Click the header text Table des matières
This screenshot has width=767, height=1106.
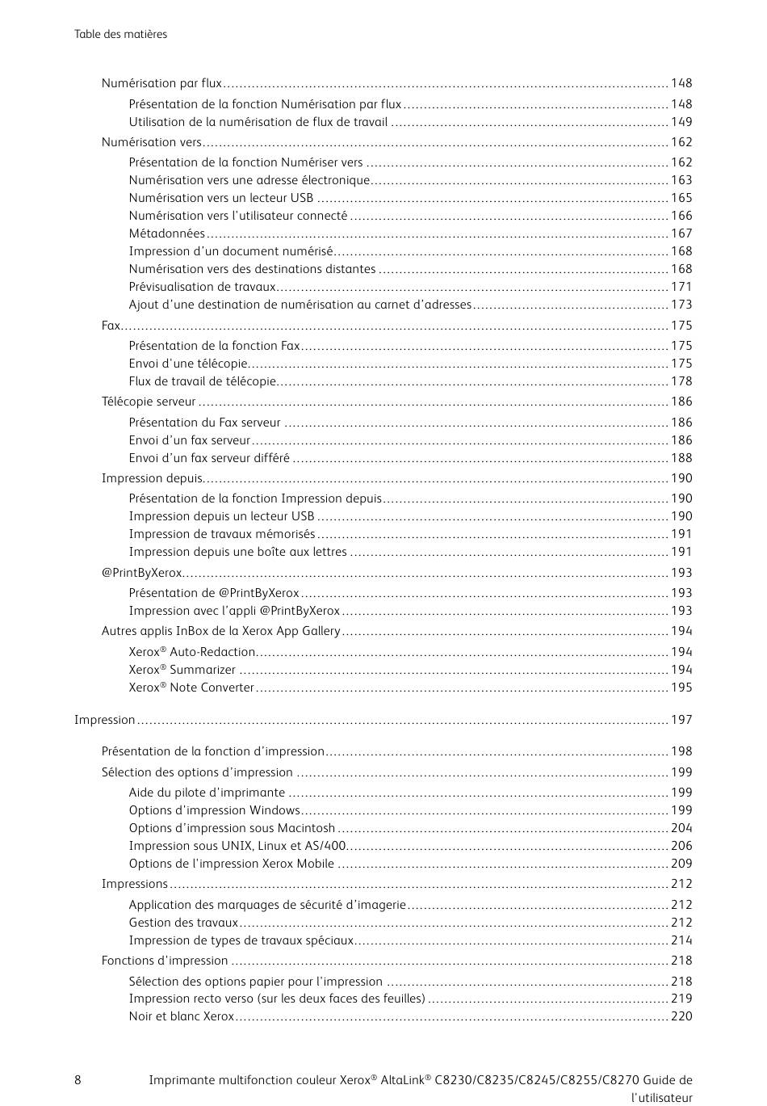pyautogui.click(x=121, y=34)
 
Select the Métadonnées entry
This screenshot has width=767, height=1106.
pyautogui.click(x=167, y=233)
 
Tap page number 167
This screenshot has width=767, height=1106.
pyautogui.click(x=681, y=233)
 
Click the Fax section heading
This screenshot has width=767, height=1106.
pyautogui.click(x=111, y=325)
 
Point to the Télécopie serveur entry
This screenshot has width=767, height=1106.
pyautogui.click(x=149, y=402)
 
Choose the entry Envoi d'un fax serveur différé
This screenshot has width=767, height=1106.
pyautogui.click(x=209, y=458)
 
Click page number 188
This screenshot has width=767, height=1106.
pyautogui.click(x=681, y=458)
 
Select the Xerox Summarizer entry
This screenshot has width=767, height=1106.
pyautogui.click(x=182, y=670)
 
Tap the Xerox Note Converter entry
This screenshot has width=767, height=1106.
pyautogui.click(x=191, y=688)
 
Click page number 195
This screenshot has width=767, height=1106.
pyautogui.click(x=681, y=688)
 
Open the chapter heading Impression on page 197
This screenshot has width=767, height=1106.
pyautogui.click(x=105, y=720)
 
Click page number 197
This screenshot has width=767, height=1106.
pyautogui.click(x=681, y=720)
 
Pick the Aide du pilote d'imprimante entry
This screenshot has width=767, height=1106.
pyautogui.click(x=207, y=793)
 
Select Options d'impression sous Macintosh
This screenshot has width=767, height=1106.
pyautogui.click(x=232, y=828)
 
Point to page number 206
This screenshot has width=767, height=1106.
pyautogui.click(x=681, y=846)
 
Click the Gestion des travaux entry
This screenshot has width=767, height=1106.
pyautogui.click(x=183, y=923)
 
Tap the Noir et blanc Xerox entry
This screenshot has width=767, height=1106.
pyautogui.click(x=182, y=1016)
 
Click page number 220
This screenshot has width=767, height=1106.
pyautogui.click(x=681, y=1016)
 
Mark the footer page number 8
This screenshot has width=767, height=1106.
pyautogui.click(x=78, y=1080)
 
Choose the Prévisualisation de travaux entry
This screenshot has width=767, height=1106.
pyautogui.click(x=203, y=287)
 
